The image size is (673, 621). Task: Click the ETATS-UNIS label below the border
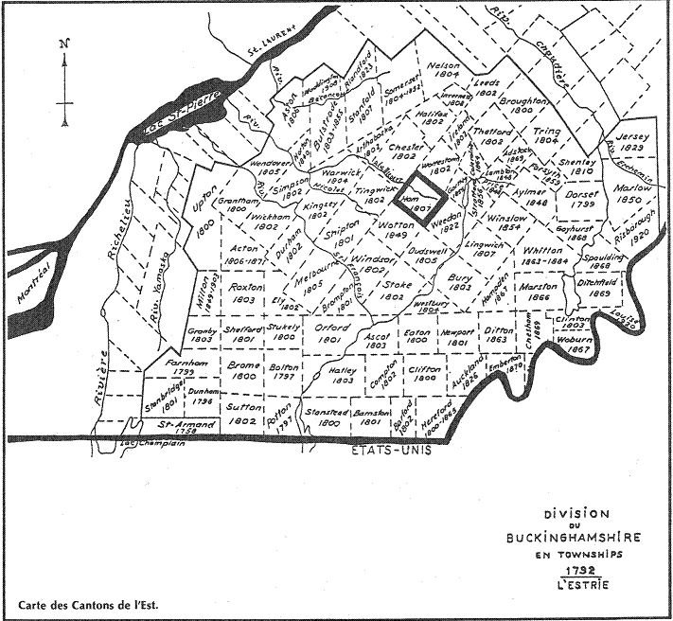tap(378, 452)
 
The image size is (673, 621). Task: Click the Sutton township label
tap(243, 412)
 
